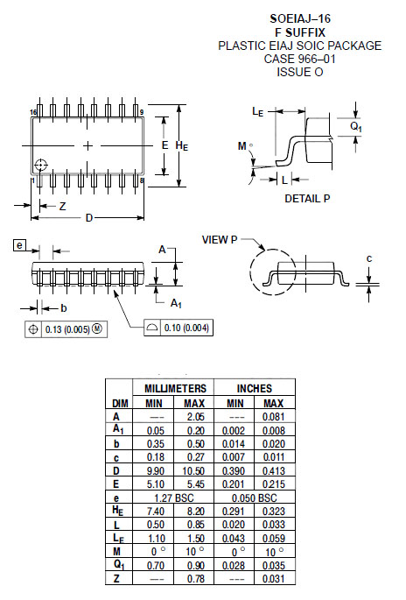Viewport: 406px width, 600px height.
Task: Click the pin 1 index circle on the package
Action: coord(41,166)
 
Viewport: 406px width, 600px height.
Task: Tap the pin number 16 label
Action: coord(33,112)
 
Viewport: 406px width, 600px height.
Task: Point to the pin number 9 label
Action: coord(142,112)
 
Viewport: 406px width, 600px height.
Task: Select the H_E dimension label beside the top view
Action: coord(182,145)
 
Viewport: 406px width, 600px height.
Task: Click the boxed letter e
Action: coord(19,245)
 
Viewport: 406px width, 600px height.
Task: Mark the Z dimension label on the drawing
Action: coord(63,207)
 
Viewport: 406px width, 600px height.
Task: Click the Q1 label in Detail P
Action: coord(356,127)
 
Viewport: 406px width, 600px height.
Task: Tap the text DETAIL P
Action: coord(307,199)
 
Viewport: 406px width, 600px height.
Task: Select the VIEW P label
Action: coord(220,240)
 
